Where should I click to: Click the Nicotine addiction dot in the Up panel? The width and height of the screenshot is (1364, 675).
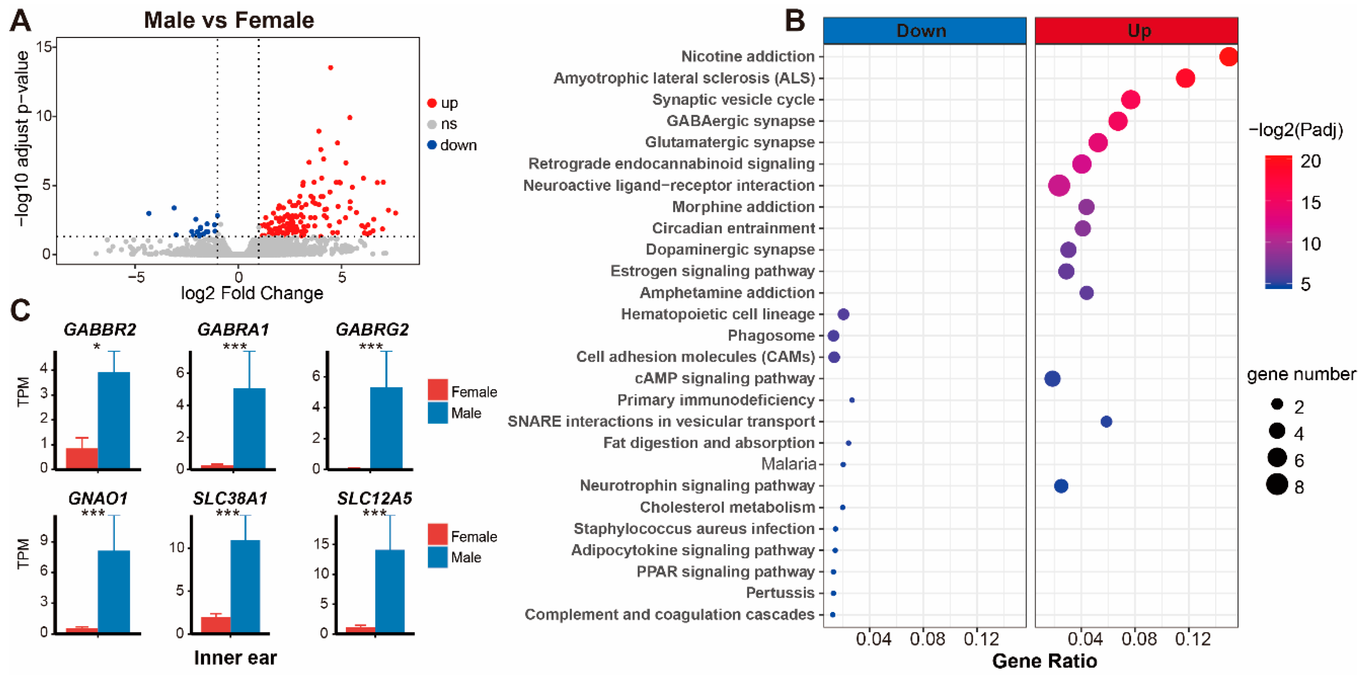click(1228, 57)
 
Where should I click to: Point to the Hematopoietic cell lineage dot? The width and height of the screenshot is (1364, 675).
click(844, 314)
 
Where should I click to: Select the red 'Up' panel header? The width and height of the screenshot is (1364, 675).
click(1136, 31)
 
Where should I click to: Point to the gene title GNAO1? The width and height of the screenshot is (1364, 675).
click(98, 498)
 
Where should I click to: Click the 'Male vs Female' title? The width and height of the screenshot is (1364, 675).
click(229, 20)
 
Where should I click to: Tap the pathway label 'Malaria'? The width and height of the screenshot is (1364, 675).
click(788, 464)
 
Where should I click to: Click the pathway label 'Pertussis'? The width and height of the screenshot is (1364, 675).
click(780, 593)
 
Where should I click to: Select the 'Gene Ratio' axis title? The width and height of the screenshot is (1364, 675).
click(1044, 661)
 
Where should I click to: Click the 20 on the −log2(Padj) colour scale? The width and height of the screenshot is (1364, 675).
click(1311, 161)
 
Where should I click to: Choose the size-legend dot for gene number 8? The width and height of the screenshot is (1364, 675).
click(1277, 484)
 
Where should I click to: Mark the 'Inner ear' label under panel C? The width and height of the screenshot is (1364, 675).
click(235, 657)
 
